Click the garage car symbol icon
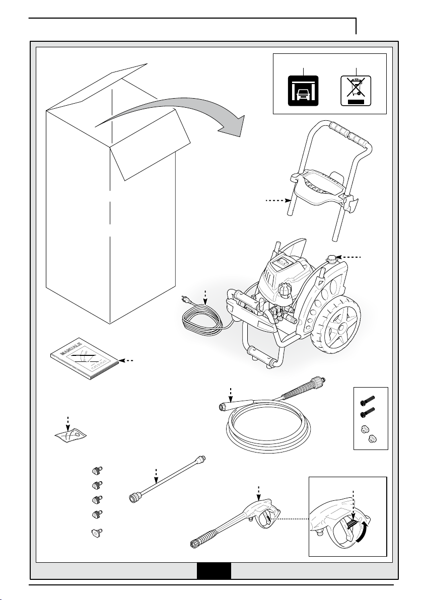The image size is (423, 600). (x=303, y=91)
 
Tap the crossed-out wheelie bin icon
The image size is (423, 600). (x=356, y=91)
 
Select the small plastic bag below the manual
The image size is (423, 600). (x=70, y=435)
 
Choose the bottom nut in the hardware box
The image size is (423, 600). (x=371, y=439)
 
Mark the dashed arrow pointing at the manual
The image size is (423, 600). (x=128, y=360)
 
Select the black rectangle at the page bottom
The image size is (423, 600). (x=214, y=571)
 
